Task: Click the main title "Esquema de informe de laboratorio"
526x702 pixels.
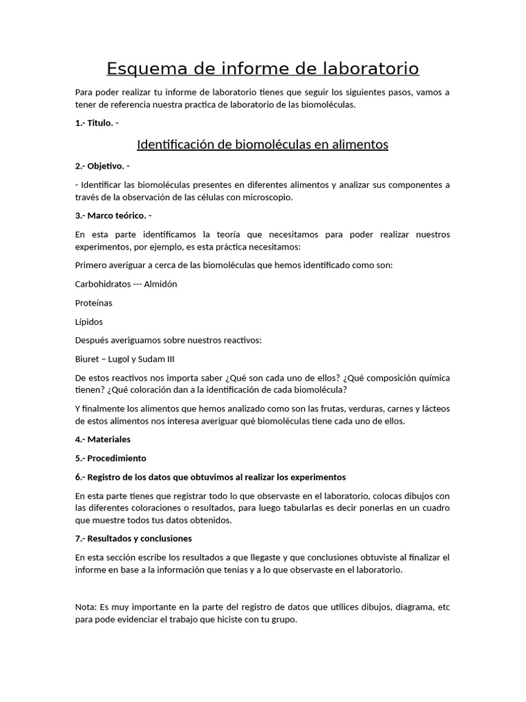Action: click(x=263, y=69)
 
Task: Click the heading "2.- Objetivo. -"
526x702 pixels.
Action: click(x=103, y=166)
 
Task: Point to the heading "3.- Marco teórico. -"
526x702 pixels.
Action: click(x=113, y=215)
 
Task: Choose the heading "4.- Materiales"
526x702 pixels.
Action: click(x=103, y=439)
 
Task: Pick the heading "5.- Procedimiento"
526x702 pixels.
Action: click(x=111, y=458)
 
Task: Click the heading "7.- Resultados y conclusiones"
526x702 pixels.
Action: click(x=134, y=538)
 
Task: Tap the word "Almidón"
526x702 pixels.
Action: click(x=160, y=284)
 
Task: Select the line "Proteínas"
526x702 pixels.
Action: click(x=94, y=302)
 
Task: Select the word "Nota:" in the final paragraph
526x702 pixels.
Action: click(x=86, y=607)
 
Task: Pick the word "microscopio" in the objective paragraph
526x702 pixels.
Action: click(x=269, y=197)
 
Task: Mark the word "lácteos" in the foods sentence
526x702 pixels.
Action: click(x=434, y=409)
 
